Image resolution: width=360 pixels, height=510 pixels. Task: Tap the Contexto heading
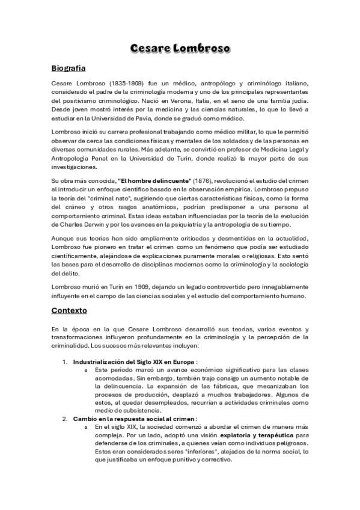[x=69, y=311]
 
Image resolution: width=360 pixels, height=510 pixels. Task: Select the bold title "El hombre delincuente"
[x=155, y=181]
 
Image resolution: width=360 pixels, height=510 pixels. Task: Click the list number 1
[x=66, y=362]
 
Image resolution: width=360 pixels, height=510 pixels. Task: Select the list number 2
[x=66, y=418]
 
